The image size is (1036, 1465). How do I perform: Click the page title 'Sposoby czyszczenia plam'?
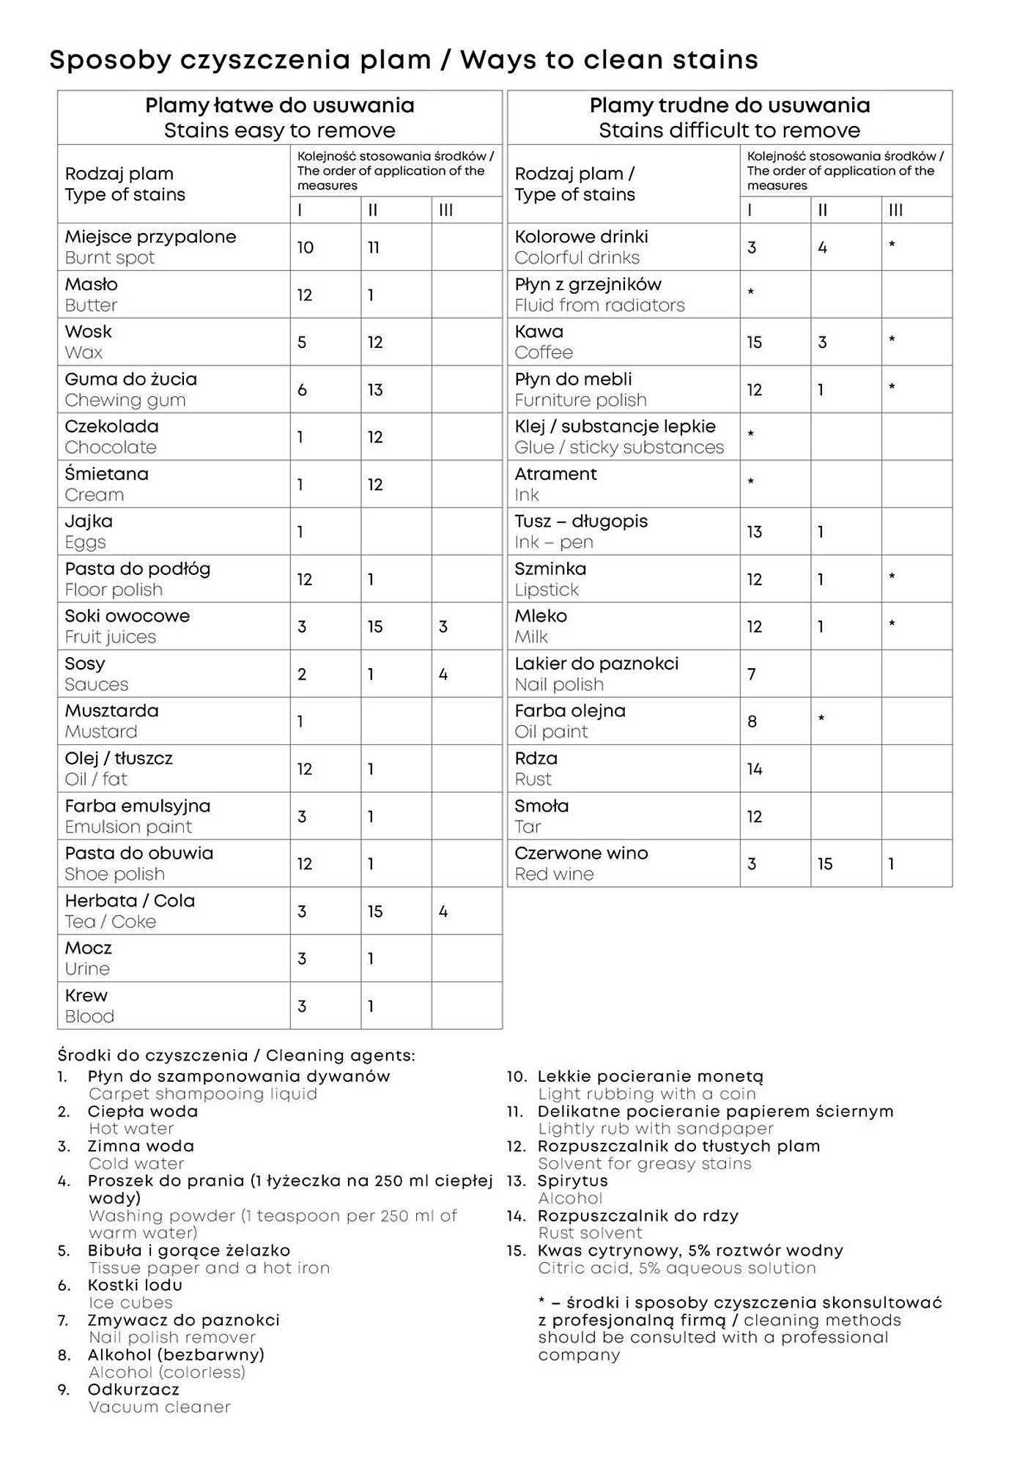coord(240,60)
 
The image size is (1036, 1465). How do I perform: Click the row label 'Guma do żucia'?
coord(130,379)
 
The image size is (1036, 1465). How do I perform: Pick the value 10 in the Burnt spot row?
coord(305,248)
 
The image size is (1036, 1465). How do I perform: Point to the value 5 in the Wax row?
coord(301,342)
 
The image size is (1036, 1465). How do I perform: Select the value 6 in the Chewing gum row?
coord(302,390)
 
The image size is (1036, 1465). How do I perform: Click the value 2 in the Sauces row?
coord(301,674)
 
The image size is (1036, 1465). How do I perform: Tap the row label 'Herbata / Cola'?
coord(130,901)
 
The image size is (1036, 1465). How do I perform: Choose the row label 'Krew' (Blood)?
coord(86,995)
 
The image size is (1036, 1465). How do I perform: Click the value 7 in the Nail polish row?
coord(751,674)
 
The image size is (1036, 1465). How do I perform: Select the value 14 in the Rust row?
coord(755,769)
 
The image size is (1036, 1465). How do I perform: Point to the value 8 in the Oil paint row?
coord(752,722)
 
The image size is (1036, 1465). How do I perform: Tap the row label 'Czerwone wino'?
coord(580,853)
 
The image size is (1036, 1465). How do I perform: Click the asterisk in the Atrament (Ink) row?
coord(750,483)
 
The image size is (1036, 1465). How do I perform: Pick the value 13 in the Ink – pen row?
coord(755,532)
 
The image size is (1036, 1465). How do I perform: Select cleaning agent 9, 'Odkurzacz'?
coord(133,1390)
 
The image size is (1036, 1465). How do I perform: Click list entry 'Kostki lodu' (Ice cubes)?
coord(135,1285)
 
